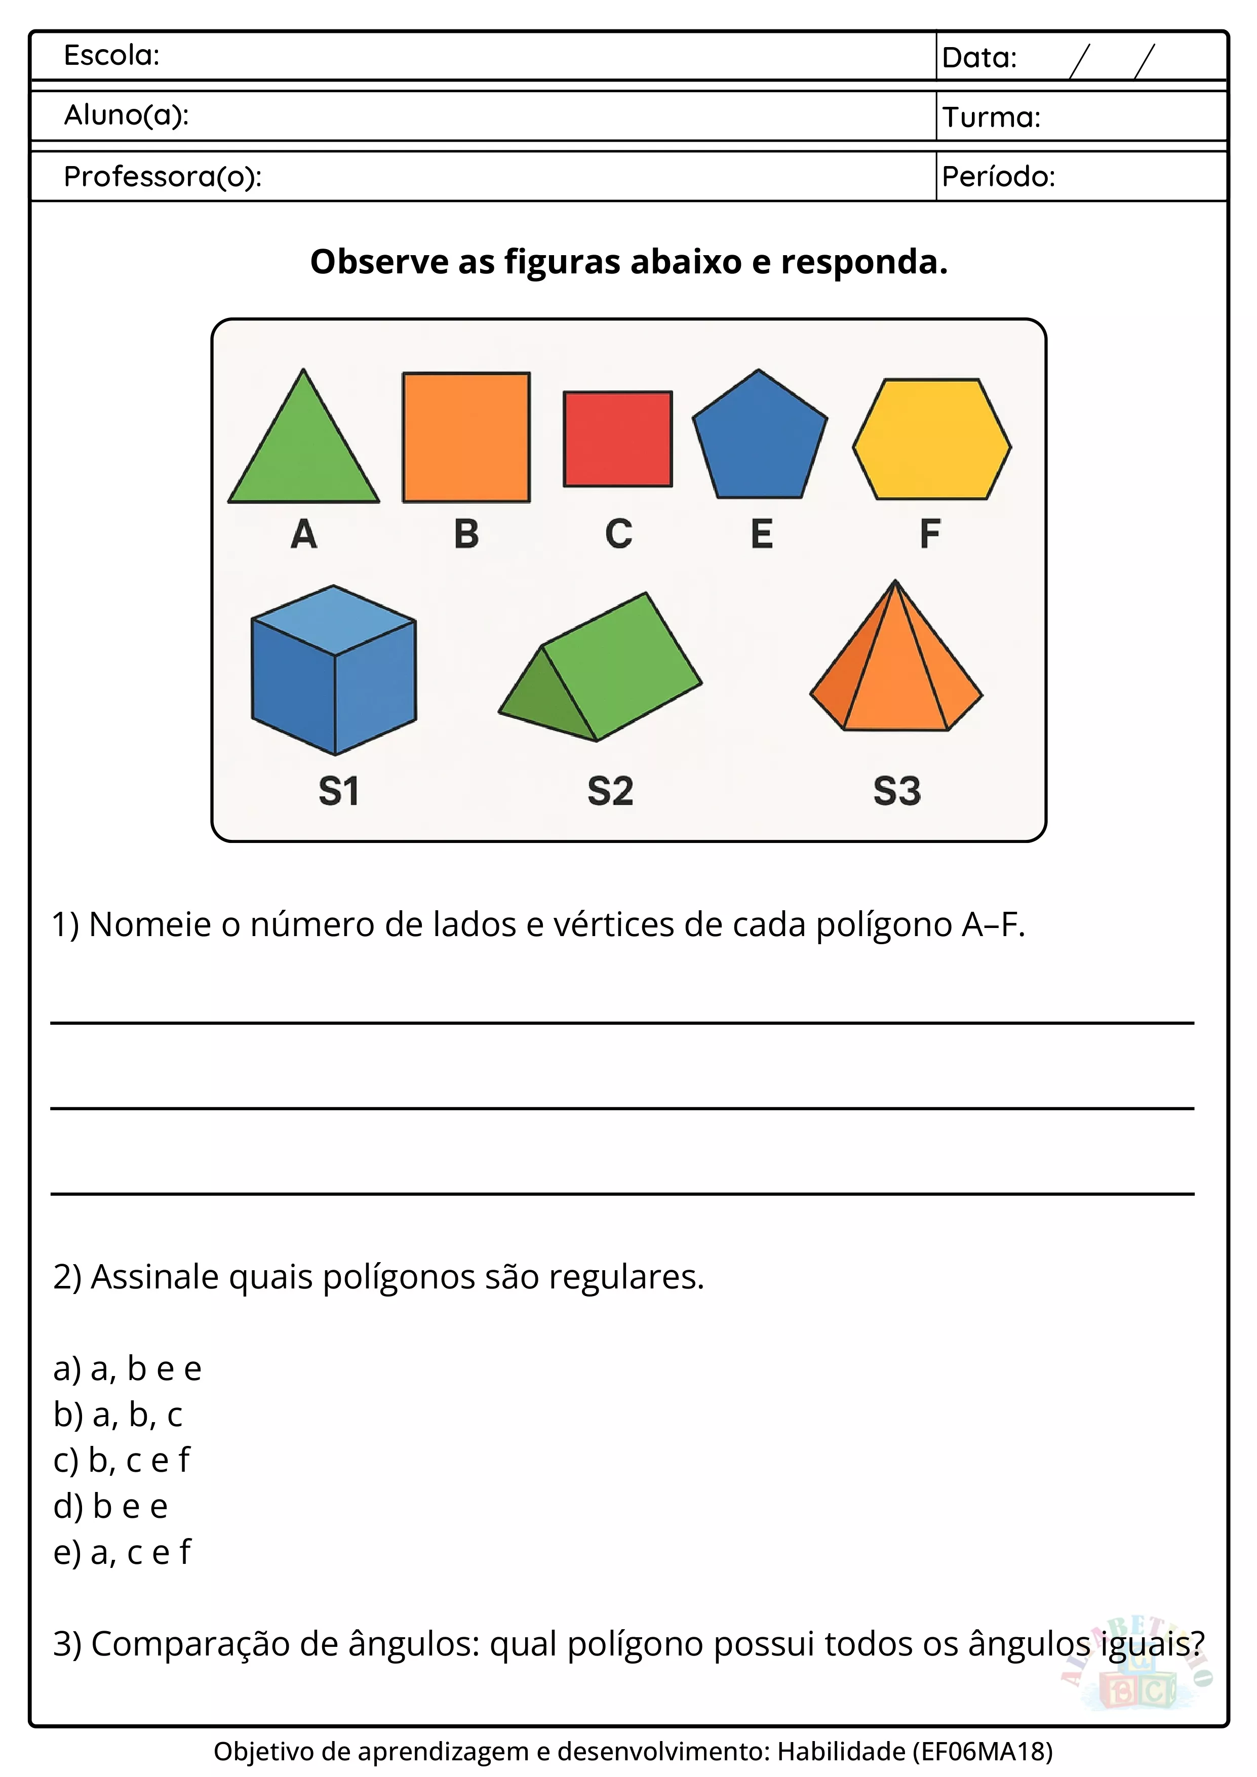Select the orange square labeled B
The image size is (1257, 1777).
coord(466,437)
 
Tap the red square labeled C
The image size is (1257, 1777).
coord(618,439)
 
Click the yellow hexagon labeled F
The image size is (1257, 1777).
coord(932,439)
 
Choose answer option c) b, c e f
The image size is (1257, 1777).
coord(122,1461)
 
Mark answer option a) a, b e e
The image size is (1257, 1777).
coord(127,1369)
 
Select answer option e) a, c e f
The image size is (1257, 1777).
coord(122,1552)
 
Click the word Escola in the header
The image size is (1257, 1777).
coord(111,56)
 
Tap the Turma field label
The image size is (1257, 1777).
coord(991,117)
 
